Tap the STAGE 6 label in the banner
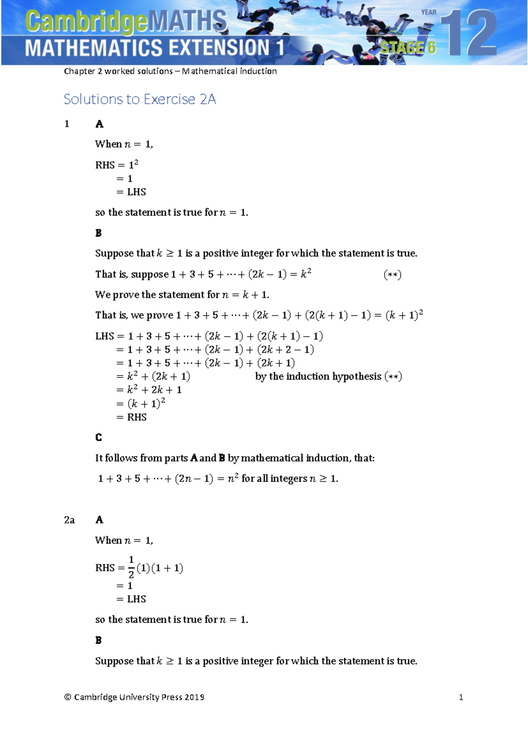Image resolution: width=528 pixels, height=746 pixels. click(x=408, y=47)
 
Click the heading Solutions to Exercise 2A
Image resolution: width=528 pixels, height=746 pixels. click(x=139, y=99)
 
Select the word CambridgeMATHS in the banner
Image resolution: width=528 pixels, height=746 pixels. click(x=126, y=22)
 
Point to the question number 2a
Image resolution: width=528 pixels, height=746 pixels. click(x=69, y=520)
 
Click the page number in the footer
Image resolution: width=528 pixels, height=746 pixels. click(x=461, y=697)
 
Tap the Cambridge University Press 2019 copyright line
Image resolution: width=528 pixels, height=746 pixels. click(x=134, y=697)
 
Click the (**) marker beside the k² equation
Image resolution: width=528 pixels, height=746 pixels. click(x=392, y=275)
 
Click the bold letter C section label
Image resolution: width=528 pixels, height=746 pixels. click(x=99, y=437)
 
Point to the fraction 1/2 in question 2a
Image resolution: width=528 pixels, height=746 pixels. click(x=131, y=567)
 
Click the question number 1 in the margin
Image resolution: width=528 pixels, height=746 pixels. click(x=67, y=124)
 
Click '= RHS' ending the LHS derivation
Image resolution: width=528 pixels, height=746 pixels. click(x=132, y=417)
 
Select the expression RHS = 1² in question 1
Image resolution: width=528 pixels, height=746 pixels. click(x=117, y=165)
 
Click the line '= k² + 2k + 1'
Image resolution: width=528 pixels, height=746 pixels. click(x=149, y=390)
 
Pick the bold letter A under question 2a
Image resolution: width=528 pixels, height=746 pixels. click(x=99, y=520)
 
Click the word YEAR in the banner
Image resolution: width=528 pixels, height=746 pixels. click(x=429, y=12)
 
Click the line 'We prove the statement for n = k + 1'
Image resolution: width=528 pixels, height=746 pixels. click(x=182, y=295)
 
